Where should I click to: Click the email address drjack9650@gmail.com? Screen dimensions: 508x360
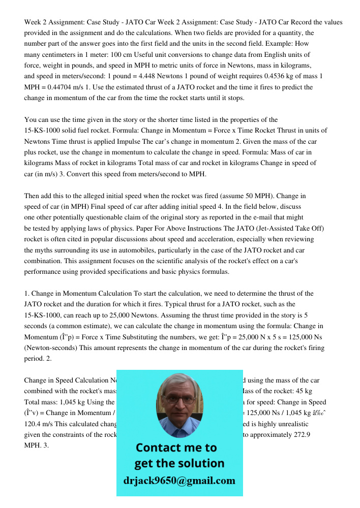pyautogui.click(x=179, y=480)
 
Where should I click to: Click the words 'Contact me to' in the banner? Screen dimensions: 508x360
pyautogui.click(x=175, y=448)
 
